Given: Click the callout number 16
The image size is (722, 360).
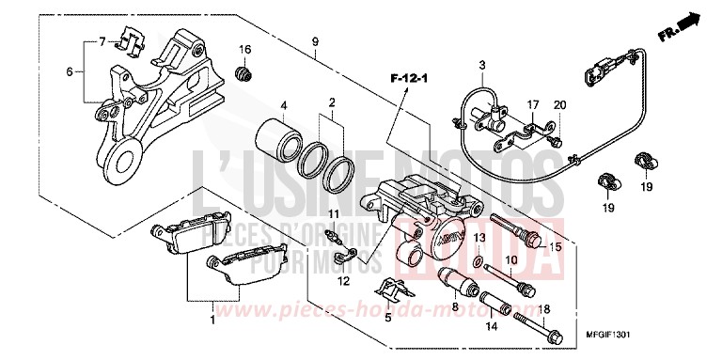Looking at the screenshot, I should pyautogui.click(x=243, y=50).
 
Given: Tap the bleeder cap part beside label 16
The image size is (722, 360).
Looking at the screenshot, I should pyautogui.click(x=243, y=72).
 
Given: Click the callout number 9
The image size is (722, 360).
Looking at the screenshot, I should pyautogui.click(x=315, y=40).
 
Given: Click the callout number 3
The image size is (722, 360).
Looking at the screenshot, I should pyautogui.click(x=481, y=65).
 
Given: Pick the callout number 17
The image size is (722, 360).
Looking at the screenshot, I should pyautogui.click(x=530, y=104).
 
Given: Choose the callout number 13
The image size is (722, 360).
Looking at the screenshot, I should pyautogui.click(x=478, y=238).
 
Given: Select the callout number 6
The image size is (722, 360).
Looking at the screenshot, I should pyautogui.click(x=69, y=70).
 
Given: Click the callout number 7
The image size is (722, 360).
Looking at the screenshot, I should pyautogui.click(x=101, y=42).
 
